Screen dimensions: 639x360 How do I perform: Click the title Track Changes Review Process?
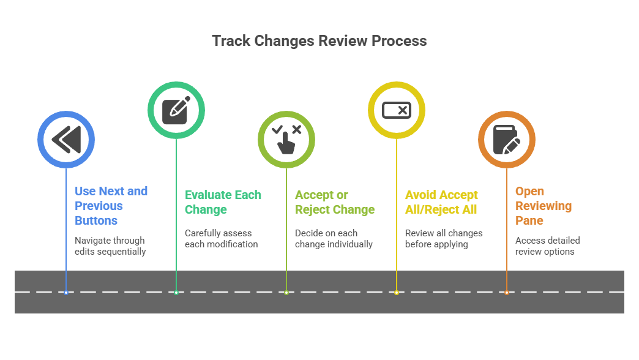click(319, 41)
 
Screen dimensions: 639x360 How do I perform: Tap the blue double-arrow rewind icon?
click(66, 140)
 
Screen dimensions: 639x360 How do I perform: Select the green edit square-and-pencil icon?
click(176, 110)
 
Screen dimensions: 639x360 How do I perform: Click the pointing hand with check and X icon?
click(286, 140)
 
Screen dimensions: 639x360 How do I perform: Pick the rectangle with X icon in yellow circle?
click(397, 110)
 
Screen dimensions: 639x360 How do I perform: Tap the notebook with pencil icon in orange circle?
click(507, 140)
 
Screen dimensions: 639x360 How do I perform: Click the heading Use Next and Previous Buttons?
click(111, 206)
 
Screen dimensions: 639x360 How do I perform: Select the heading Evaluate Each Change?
click(223, 202)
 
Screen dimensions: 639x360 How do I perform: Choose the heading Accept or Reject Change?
click(335, 202)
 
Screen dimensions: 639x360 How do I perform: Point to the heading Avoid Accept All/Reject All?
click(441, 202)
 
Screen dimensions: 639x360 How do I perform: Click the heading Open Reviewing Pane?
click(544, 206)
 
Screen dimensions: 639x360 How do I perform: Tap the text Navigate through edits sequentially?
click(110, 246)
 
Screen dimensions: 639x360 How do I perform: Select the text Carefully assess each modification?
click(222, 239)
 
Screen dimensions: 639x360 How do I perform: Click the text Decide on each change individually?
click(334, 239)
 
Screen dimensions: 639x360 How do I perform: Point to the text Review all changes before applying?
click(444, 239)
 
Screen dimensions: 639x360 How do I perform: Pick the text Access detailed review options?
click(547, 246)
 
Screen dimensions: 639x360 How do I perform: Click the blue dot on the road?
click(66, 292)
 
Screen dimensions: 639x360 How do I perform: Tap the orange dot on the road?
click(507, 292)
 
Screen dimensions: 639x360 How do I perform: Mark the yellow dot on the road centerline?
click(397, 292)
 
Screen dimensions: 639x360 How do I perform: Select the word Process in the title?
click(399, 41)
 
